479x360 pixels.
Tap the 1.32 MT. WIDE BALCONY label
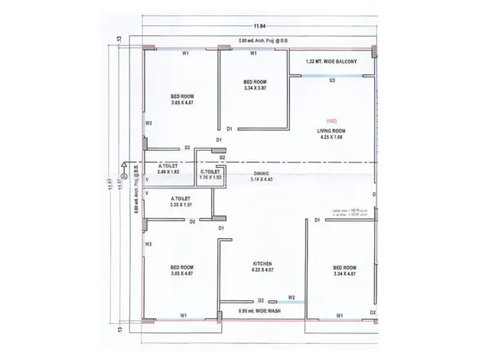pyautogui.click(x=331, y=61)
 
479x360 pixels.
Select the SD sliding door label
pyautogui.click(x=332, y=80)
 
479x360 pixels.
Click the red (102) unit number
pyautogui.click(x=332, y=122)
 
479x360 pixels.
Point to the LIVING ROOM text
pyautogui.click(x=332, y=131)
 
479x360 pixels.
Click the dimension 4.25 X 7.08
pyautogui.click(x=332, y=139)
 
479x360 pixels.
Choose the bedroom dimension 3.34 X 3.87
pyautogui.click(x=255, y=89)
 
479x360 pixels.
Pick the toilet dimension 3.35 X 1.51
pyautogui.click(x=182, y=205)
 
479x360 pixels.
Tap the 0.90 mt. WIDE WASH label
pyautogui.click(x=262, y=311)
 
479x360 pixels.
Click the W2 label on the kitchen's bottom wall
pyautogui.click(x=292, y=297)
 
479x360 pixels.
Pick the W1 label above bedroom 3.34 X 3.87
pyautogui.click(x=254, y=54)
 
